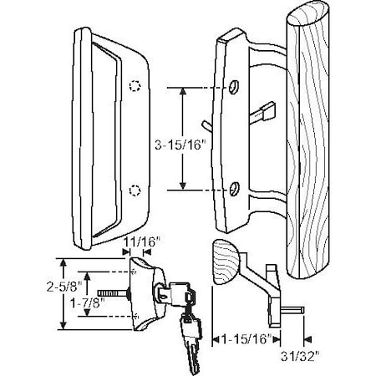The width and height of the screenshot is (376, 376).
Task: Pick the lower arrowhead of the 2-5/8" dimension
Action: click(65, 328)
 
